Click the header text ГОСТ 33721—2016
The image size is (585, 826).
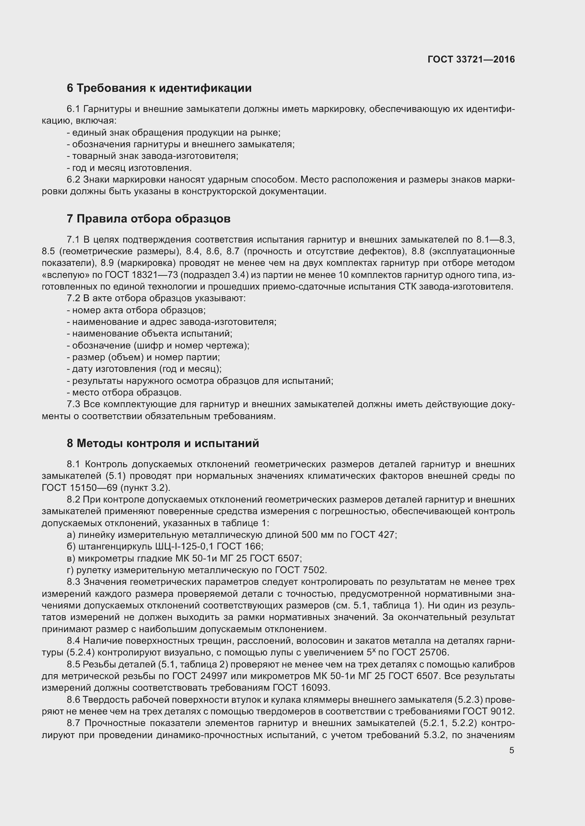point(471,59)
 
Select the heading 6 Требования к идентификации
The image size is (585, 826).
point(159,88)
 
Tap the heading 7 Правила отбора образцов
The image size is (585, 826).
point(149,219)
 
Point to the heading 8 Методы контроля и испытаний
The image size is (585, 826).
point(163,443)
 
